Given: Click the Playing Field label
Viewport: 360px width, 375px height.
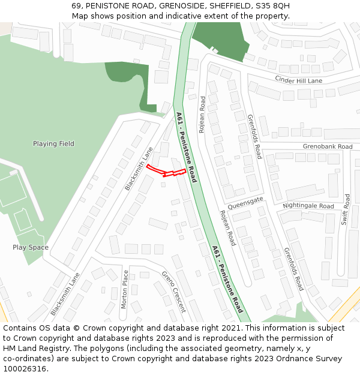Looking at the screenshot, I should pos(53,144).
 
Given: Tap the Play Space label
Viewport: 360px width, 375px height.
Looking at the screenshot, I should pos(31,247).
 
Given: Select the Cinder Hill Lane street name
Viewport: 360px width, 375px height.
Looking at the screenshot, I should pos(298,80).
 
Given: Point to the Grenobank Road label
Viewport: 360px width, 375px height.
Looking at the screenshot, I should pos(328,146).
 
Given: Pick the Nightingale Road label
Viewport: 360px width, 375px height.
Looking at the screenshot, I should pos(308,206).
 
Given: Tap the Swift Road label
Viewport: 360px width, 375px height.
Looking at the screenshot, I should pos(346,209).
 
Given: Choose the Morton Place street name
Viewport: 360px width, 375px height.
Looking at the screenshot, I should pos(125,289).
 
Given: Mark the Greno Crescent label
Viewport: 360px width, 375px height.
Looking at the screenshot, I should pos(173,292).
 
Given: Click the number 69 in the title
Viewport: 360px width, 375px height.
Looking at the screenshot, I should pos(76,5).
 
